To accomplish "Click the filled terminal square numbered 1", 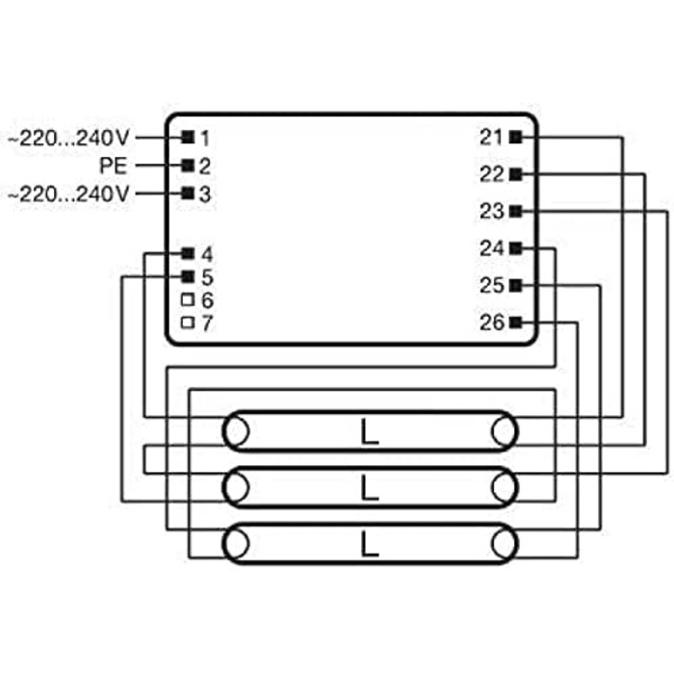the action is (x=188, y=137).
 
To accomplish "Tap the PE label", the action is (x=114, y=166).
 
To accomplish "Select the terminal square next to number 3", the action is (x=188, y=193).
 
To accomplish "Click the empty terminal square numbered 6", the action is (x=188, y=299).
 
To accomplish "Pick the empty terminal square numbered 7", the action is (x=188, y=323).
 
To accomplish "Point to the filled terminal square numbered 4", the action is (x=188, y=253).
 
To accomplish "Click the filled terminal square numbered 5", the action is (x=188, y=276).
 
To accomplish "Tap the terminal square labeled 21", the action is (x=515, y=137).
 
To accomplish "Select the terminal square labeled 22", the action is (x=515, y=174).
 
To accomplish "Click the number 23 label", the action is (x=491, y=211).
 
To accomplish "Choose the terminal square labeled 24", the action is (x=515, y=248).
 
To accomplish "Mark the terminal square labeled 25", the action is (x=515, y=285).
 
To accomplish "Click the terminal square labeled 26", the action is (x=515, y=322).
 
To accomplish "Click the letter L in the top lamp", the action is (x=369, y=432).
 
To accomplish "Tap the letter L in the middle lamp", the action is (x=369, y=488).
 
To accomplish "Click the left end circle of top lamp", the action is (x=236, y=431).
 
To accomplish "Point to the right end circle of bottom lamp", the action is (x=505, y=544).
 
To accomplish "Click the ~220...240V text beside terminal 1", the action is (x=68, y=138).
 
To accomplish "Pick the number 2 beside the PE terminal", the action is (x=204, y=167).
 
